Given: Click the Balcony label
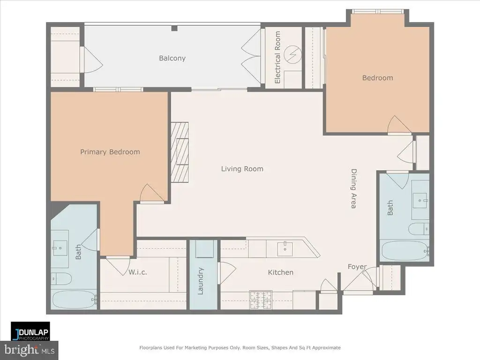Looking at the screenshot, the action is (172, 58).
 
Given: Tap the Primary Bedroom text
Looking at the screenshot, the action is (110, 152).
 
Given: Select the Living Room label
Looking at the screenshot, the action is (242, 169).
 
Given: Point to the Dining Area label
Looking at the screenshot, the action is (353, 188).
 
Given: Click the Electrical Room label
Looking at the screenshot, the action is (277, 57).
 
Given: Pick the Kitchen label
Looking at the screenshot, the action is (280, 272).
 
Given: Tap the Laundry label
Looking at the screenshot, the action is (201, 281).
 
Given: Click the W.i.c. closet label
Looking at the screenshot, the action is (138, 272).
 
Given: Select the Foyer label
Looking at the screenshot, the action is (357, 267).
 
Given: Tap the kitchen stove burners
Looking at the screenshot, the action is (261, 300).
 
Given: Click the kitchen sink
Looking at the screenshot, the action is (285, 248).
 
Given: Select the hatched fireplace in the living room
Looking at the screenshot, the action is (180, 152).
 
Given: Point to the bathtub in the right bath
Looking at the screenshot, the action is (405, 251).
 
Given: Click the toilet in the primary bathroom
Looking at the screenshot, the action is (62, 278).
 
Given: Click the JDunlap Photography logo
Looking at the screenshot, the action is (30, 331).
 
